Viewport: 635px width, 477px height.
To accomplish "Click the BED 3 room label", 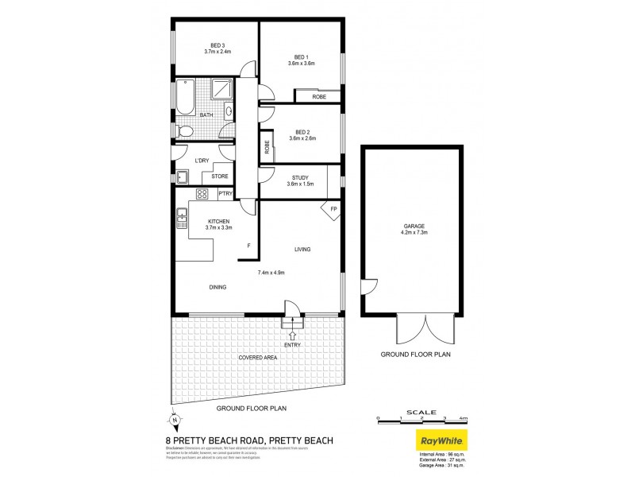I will click(x=217, y=45).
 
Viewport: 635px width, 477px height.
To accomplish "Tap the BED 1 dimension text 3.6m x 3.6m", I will click(x=301, y=64).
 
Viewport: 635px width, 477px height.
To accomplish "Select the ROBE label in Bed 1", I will click(x=318, y=96).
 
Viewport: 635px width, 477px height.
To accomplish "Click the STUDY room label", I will click(x=300, y=178).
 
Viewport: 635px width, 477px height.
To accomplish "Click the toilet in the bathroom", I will click(x=184, y=131).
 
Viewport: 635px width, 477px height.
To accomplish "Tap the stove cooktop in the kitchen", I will click(x=202, y=193).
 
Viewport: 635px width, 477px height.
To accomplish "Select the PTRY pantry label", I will click(x=225, y=193).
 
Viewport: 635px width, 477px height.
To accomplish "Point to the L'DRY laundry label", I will click(x=202, y=161).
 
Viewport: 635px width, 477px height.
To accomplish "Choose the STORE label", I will click(x=220, y=176).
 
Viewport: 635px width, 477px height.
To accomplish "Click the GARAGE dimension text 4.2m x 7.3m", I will click(x=411, y=233).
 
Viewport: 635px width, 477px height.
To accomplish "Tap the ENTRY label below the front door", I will click(x=293, y=345).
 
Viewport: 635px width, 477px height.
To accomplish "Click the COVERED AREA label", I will click(x=259, y=358).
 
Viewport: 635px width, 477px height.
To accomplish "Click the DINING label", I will click(x=219, y=287).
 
